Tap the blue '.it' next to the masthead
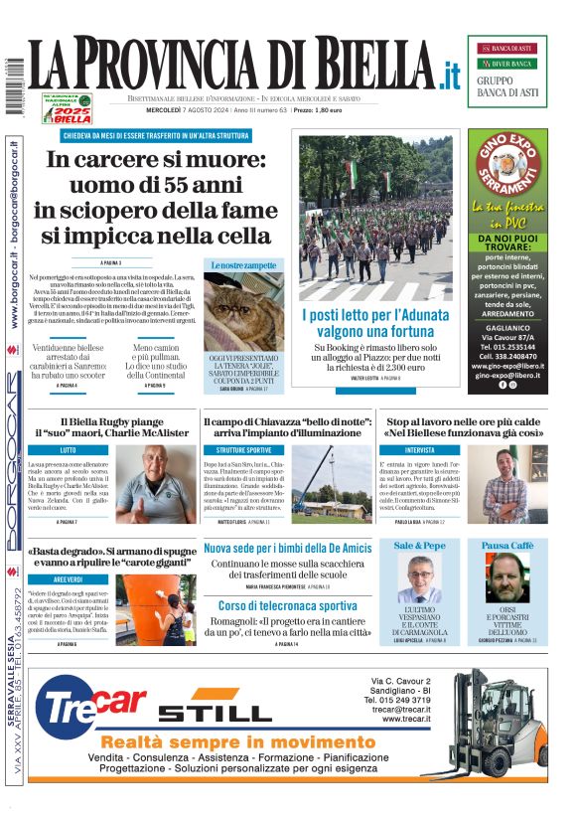pyautogui.click(x=449, y=74)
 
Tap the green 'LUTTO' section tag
pyautogui.click(x=69, y=450)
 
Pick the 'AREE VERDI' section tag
pyautogui.click(x=69, y=578)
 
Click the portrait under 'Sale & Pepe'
pyautogui.click(x=419, y=577)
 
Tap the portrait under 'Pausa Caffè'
pyautogui.click(x=506, y=577)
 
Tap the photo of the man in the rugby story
pyautogui.click(x=157, y=484)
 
